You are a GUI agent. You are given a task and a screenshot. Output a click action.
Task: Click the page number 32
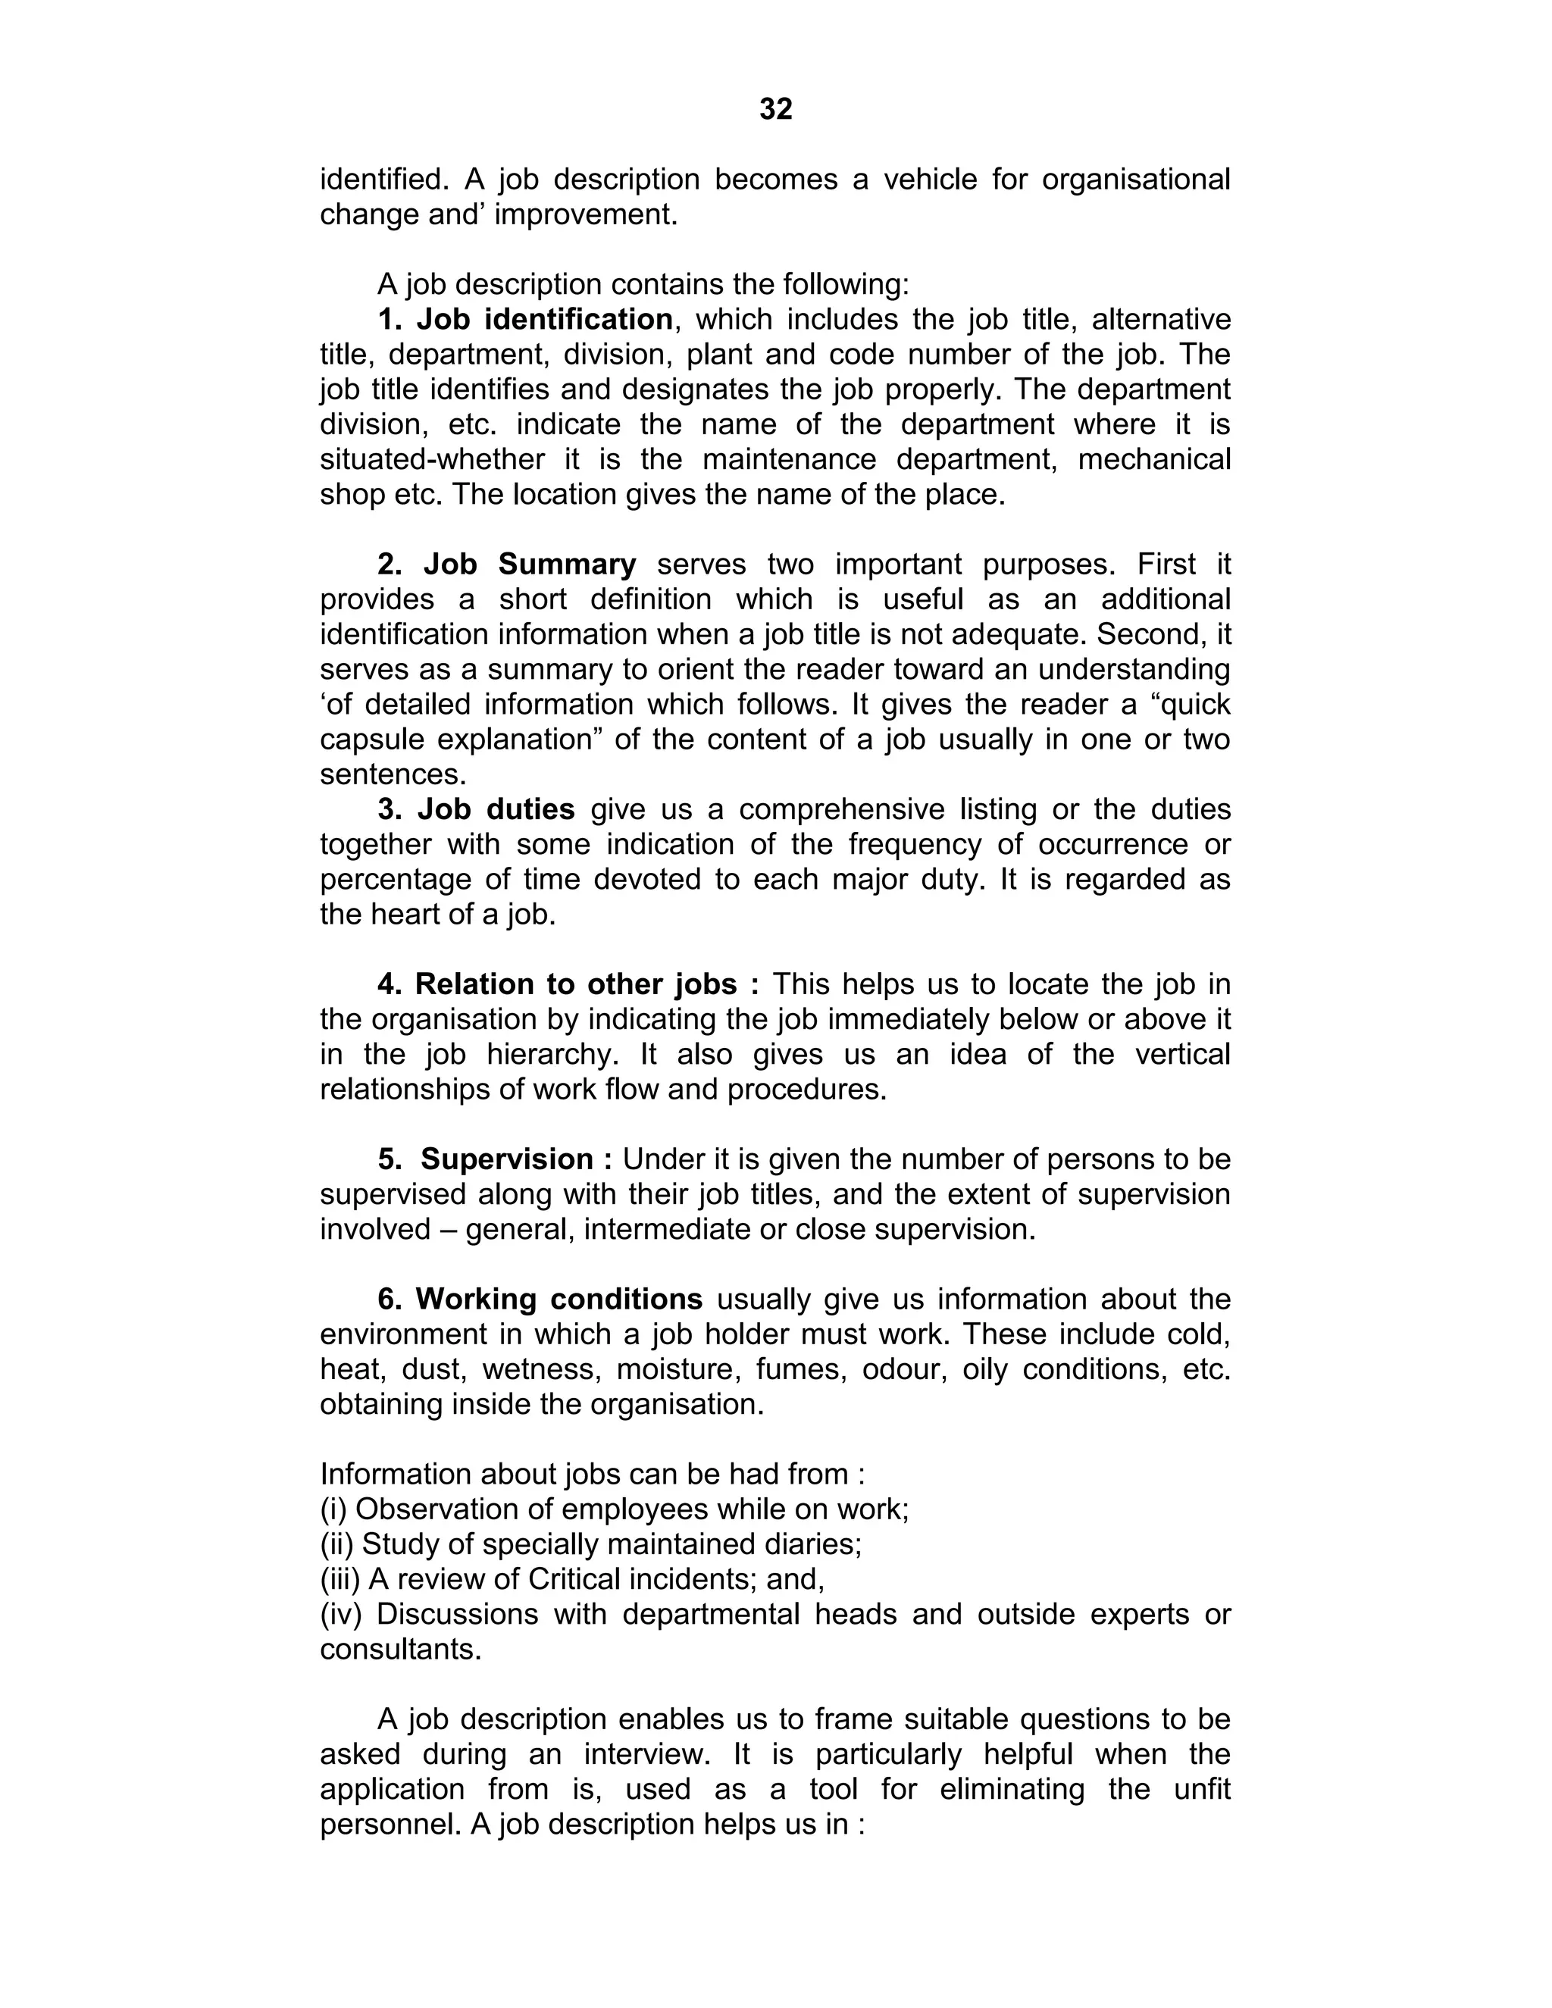(x=775, y=109)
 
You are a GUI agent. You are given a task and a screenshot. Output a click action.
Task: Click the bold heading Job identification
(x=544, y=320)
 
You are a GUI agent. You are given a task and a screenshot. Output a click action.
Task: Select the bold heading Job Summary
(x=530, y=565)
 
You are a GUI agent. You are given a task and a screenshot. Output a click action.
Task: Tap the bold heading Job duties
(x=496, y=810)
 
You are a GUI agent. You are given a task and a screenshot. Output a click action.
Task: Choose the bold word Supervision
(x=507, y=1159)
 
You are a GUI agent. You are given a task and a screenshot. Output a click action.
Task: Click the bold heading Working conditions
(x=559, y=1299)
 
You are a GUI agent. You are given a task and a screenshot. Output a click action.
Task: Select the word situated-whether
(x=431, y=460)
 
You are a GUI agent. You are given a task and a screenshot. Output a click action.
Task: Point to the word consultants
(x=401, y=1650)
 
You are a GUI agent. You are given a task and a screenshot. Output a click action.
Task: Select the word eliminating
(x=994, y=1790)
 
